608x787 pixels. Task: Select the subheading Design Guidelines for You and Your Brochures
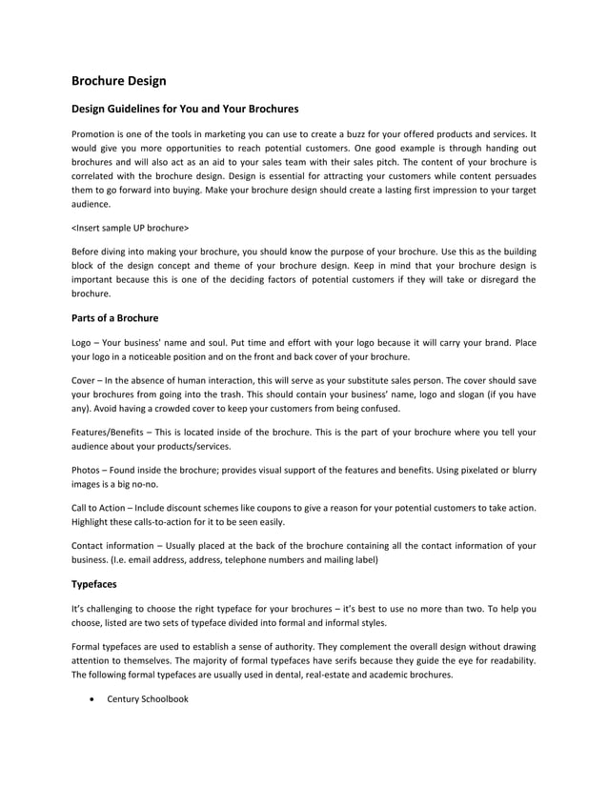pyautogui.click(x=186, y=110)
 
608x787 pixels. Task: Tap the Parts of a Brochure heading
pyautogui.click(x=115, y=316)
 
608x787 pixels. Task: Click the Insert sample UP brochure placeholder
pyautogui.click(x=131, y=228)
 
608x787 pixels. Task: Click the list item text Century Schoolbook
pyautogui.click(x=148, y=699)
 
